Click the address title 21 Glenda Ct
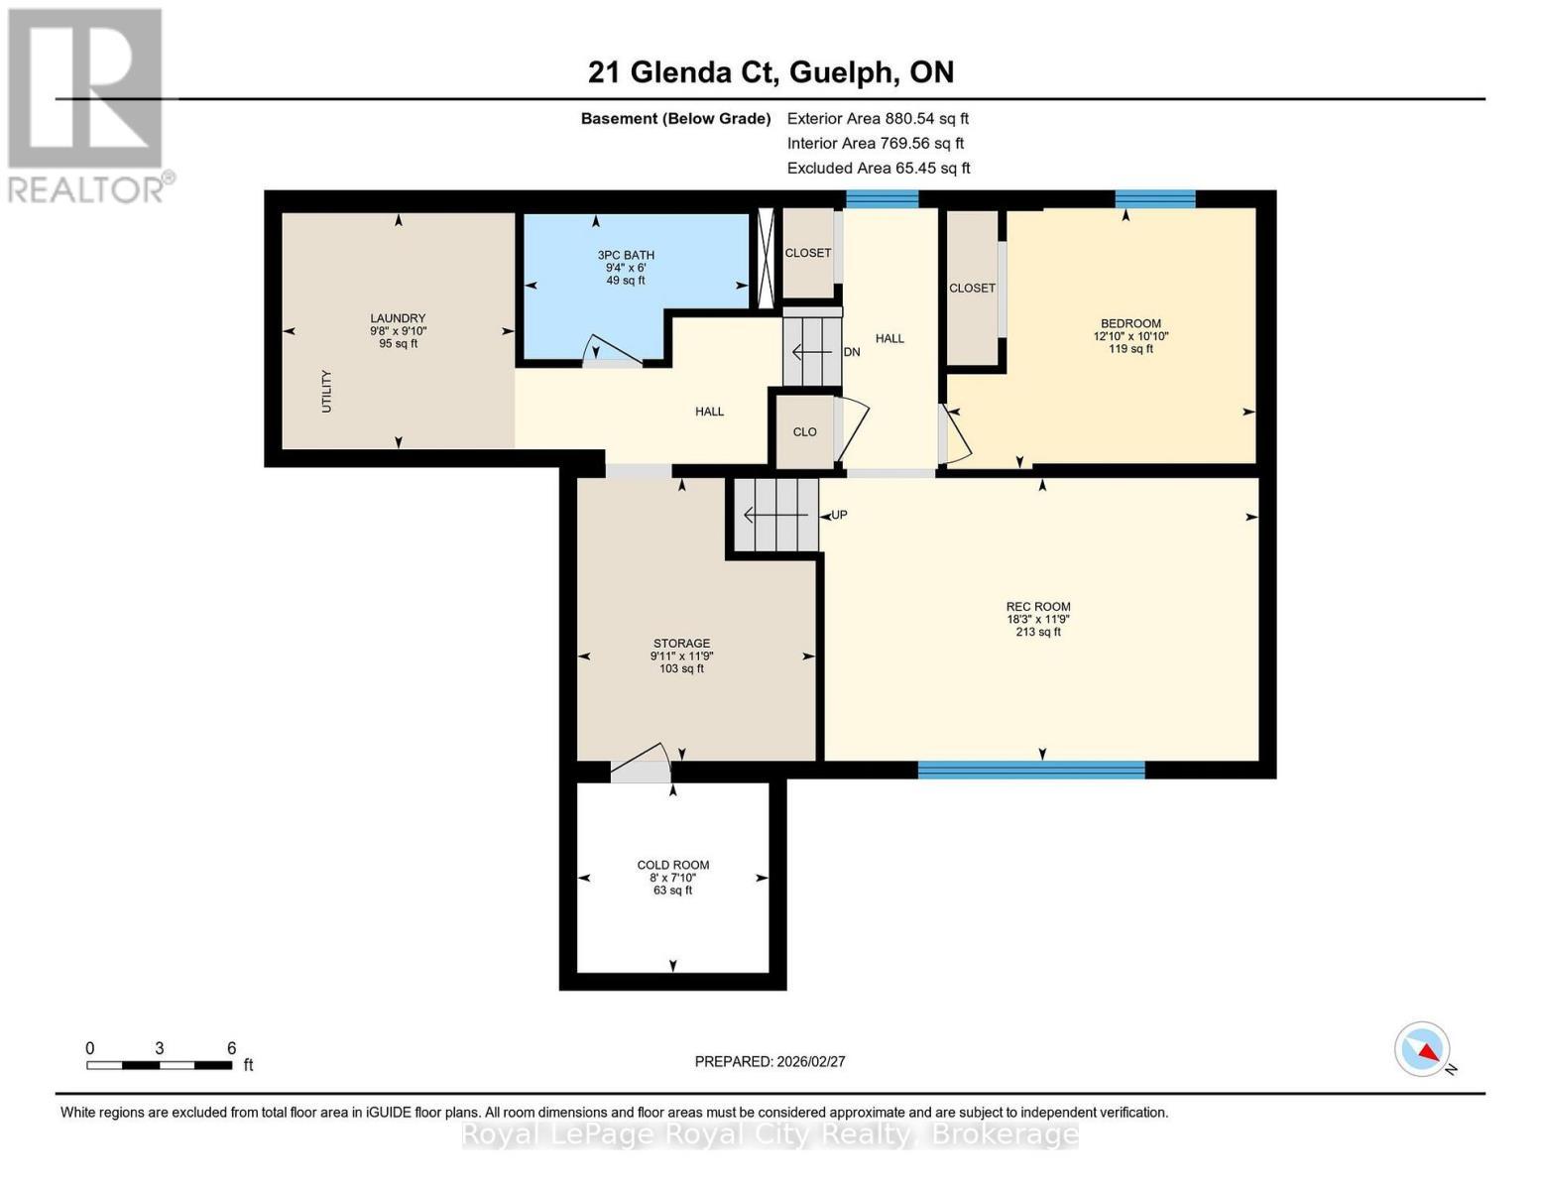coord(770,72)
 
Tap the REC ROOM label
coord(1038,607)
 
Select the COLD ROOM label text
coord(672,865)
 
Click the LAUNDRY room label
coord(398,318)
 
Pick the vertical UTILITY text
coord(326,392)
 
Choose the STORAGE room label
coord(681,644)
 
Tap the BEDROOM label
coord(1130,323)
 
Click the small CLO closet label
coord(804,431)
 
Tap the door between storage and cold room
coord(641,764)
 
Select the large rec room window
coord(1031,770)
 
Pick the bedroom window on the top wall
coord(1154,199)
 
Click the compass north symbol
coord(1424,1049)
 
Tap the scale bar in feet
coord(160,1065)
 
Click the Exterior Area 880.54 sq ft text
coord(878,118)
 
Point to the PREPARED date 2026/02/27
coord(770,1061)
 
